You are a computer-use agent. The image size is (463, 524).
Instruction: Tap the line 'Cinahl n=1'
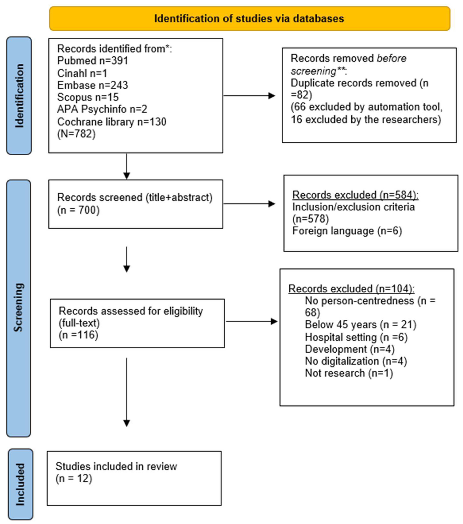82,73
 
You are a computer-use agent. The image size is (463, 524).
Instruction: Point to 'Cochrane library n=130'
112,122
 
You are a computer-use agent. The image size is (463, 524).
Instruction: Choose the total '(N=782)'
76,134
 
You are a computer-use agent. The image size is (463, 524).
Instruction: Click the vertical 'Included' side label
20,484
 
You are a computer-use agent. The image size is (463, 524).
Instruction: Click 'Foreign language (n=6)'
347,231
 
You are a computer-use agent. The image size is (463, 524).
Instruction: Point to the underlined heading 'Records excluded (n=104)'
351,289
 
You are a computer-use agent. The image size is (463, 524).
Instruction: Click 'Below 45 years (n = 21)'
360,325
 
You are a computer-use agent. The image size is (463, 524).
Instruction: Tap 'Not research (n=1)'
349,373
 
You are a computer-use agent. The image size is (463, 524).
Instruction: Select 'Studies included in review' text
116,466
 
